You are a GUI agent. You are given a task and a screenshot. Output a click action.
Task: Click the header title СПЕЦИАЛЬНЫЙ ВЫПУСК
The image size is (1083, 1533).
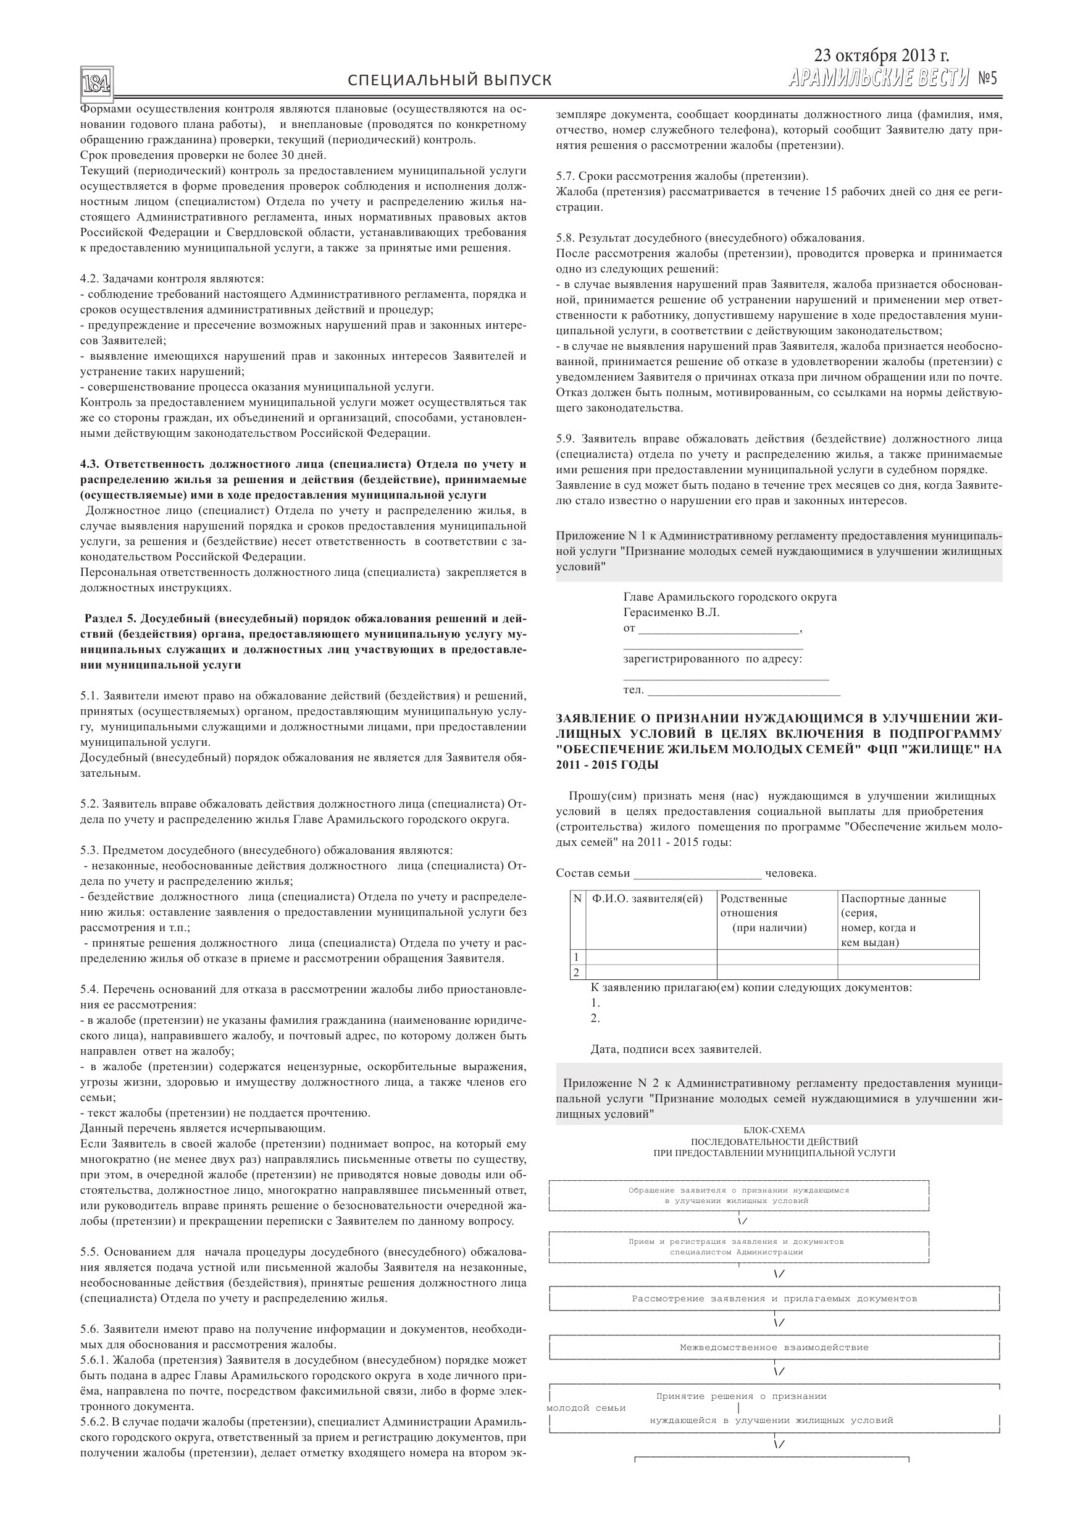(450, 81)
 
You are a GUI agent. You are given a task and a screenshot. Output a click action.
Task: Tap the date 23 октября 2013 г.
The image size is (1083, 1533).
(881, 56)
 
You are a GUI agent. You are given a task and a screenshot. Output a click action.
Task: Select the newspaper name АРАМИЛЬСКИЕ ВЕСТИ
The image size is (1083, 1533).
(878, 79)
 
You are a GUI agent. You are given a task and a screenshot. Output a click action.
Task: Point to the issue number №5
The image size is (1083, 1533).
(987, 79)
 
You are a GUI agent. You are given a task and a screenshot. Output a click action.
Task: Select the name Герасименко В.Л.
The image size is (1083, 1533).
(671, 612)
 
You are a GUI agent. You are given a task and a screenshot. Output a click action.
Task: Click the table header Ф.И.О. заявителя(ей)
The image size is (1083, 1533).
(647, 898)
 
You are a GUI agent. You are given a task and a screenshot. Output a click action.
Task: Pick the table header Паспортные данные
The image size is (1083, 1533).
(893, 898)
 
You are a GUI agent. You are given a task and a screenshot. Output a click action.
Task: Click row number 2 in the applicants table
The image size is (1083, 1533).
(577, 972)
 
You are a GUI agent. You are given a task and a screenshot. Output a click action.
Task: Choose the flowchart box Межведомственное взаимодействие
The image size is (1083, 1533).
(774, 1348)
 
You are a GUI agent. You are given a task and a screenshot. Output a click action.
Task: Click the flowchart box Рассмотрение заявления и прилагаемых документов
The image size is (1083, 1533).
(774, 1299)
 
